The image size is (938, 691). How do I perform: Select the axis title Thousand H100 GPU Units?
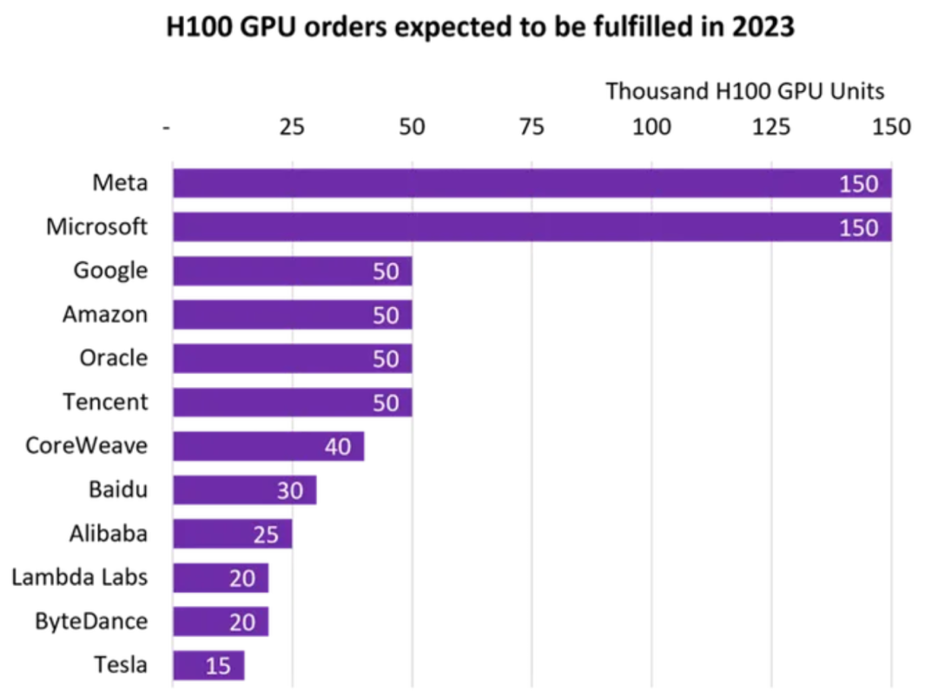coord(744,91)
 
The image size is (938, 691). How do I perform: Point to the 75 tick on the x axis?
coord(532,128)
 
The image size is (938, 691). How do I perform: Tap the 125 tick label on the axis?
coord(771,128)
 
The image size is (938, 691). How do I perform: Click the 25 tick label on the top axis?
coord(292,128)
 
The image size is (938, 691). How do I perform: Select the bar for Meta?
coord(532,183)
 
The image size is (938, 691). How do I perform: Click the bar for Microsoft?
coord(532,227)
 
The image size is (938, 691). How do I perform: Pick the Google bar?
coord(292,271)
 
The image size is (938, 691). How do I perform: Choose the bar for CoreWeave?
coord(268,446)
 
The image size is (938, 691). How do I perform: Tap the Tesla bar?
coord(208,666)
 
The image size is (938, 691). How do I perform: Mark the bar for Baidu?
coord(244,490)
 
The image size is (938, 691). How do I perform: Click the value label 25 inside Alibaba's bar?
coord(266,535)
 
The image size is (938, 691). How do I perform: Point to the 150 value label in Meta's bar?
coord(859,184)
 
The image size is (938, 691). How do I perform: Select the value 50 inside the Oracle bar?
coord(386,359)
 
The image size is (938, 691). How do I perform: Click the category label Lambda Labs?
coord(79,577)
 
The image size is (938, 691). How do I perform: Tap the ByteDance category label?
coord(90,622)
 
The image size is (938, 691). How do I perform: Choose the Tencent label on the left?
coord(105,402)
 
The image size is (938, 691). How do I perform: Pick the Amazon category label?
coord(104,314)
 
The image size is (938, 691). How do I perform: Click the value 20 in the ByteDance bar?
coord(242,622)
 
